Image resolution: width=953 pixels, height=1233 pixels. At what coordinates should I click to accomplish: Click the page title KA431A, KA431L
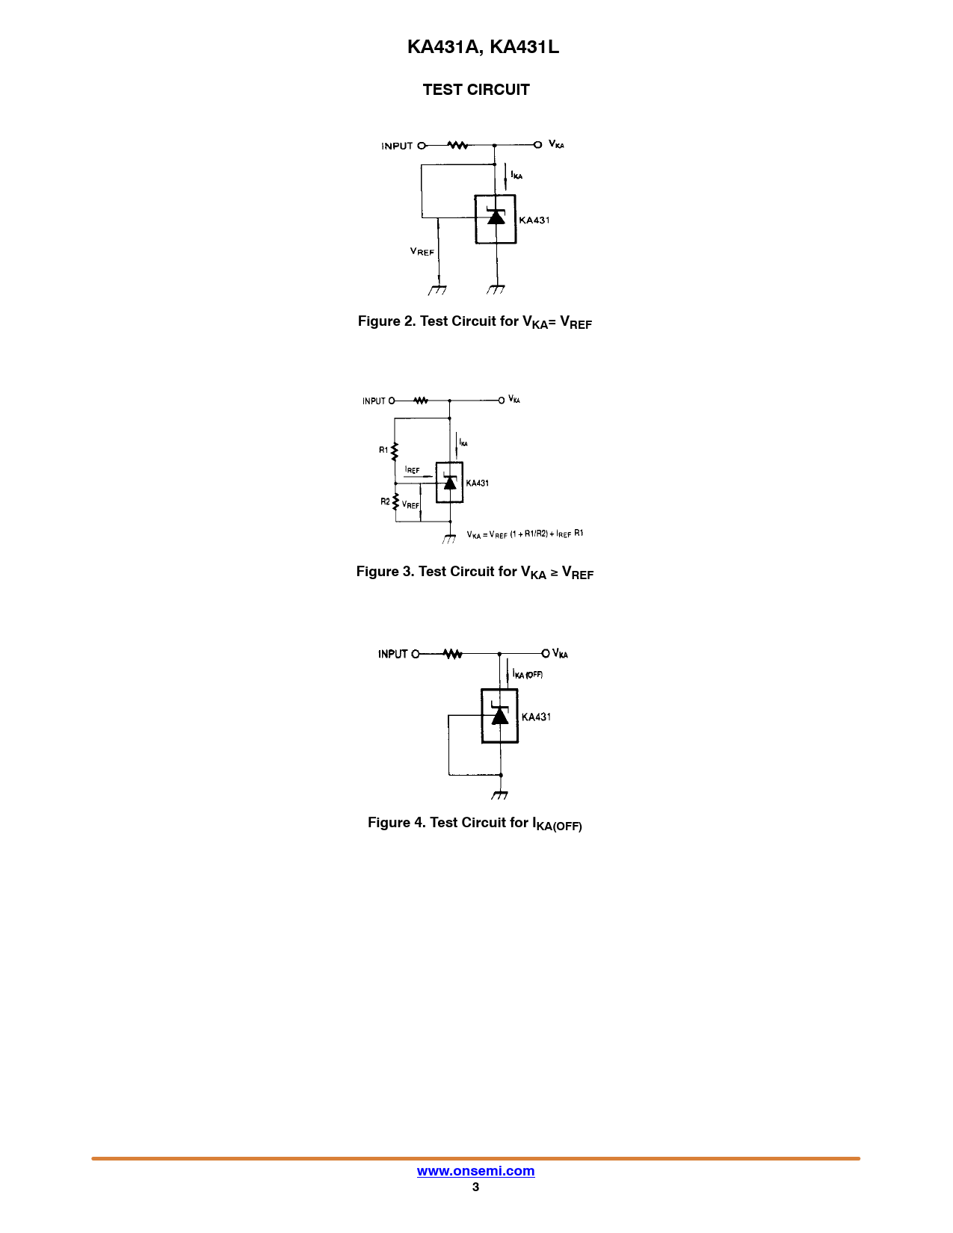point(483,47)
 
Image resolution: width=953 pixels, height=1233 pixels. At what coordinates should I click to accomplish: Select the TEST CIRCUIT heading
point(476,90)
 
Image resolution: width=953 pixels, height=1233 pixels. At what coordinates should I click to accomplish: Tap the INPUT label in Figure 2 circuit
point(397,146)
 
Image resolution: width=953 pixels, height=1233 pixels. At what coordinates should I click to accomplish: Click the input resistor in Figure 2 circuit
point(457,145)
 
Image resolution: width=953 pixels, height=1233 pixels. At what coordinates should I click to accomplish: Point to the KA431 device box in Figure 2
point(496,219)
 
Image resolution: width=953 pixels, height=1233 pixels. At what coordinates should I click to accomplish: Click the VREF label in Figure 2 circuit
point(422,252)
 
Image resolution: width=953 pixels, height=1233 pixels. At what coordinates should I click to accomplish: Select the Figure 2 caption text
point(475,322)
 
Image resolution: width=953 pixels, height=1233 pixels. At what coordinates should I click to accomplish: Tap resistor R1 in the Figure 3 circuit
point(395,451)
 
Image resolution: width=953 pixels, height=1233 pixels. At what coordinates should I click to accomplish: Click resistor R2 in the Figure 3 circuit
point(395,501)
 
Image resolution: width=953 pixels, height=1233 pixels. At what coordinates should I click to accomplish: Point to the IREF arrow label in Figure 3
point(413,470)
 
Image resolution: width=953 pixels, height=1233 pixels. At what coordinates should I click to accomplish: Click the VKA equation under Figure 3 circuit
point(525,534)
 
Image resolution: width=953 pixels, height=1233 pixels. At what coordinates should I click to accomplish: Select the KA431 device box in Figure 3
point(449,483)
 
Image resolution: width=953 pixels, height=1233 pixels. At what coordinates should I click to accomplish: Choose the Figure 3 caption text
point(475,572)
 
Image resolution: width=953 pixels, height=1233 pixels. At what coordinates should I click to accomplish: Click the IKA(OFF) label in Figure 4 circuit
point(528,675)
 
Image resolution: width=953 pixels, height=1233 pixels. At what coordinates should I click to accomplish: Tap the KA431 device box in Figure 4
point(499,716)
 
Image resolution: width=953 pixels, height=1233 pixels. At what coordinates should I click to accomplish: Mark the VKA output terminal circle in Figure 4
point(546,654)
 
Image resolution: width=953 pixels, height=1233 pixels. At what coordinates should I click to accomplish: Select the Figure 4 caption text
point(475,823)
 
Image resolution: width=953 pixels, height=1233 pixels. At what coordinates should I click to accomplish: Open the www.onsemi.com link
point(475,1171)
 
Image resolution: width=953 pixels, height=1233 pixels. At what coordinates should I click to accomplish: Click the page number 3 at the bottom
point(475,1187)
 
